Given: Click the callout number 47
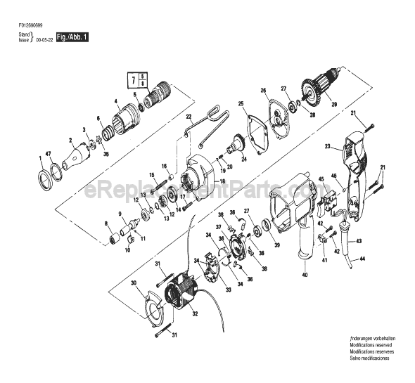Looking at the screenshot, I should coord(49,152).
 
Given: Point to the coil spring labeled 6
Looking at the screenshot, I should coord(107,131).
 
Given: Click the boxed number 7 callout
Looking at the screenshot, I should coord(136,80).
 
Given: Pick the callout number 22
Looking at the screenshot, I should coord(189,116).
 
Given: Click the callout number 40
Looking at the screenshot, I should coord(305,275).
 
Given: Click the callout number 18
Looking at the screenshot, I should coord(222,181).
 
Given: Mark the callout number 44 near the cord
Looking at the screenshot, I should coord(363,261).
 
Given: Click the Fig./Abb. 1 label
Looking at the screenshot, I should coord(72,37).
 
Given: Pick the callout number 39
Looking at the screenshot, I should coord(276,245).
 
